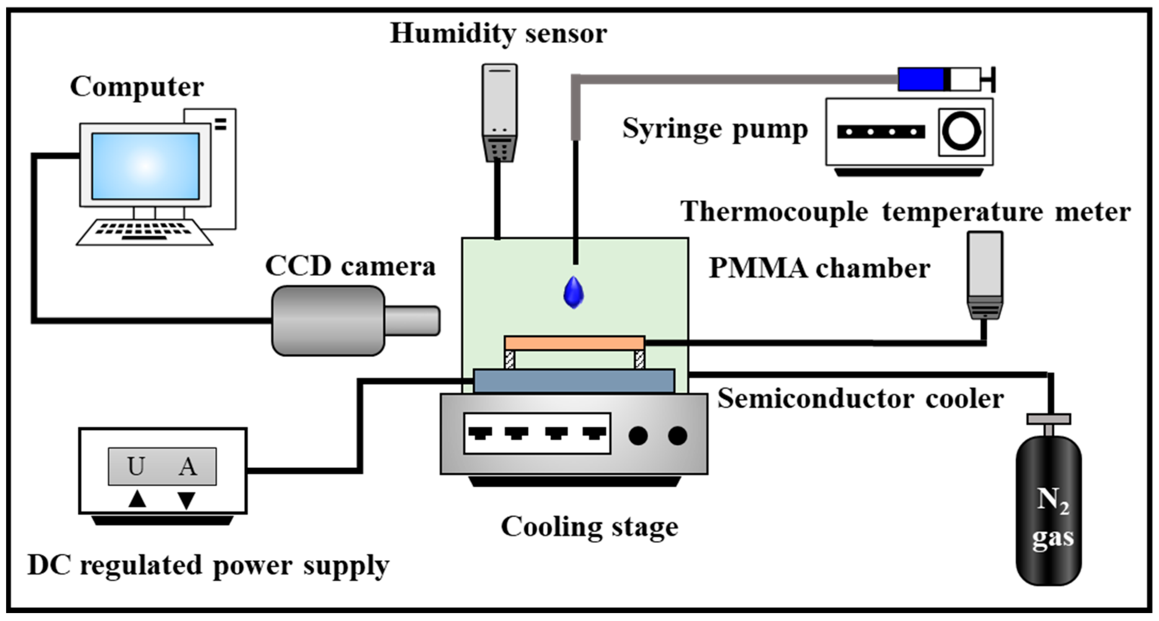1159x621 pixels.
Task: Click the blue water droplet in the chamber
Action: pos(574,294)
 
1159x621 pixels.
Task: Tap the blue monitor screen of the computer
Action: pos(145,166)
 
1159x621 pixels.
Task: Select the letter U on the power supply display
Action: pos(136,466)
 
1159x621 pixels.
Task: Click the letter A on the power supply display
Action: pos(188,466)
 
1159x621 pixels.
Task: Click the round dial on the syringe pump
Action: pos(961,132)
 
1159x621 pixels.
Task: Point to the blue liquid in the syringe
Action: pos(921,79)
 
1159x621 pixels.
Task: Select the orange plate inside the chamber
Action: pos(574,343)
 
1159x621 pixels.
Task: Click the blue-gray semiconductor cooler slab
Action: pos(574,381)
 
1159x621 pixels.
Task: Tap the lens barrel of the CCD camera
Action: pos(412,321)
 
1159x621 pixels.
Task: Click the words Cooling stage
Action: pos(590,527)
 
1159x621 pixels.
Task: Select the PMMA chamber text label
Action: pos(819,269)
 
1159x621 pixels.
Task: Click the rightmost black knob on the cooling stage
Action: pos(677,435)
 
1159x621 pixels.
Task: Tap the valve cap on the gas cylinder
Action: pos(1048,419)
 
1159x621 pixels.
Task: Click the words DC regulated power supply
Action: pos(208,565)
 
